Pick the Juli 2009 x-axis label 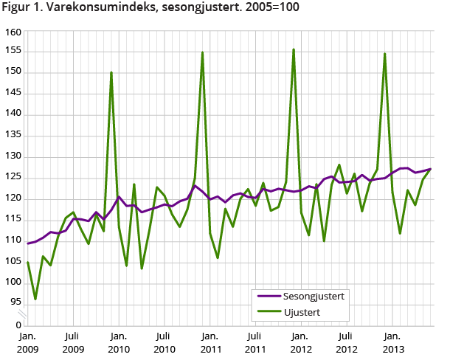pyautogui.click(x=72, y=340)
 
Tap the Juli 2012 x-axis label pyautogui.click(x=347, y=340)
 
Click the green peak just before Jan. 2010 pyautogui.click(x=111, y=72)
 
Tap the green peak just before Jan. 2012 pyautogui.click(x=294, y=50)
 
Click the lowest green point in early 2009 pyautogui.click(x=35, y=299)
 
